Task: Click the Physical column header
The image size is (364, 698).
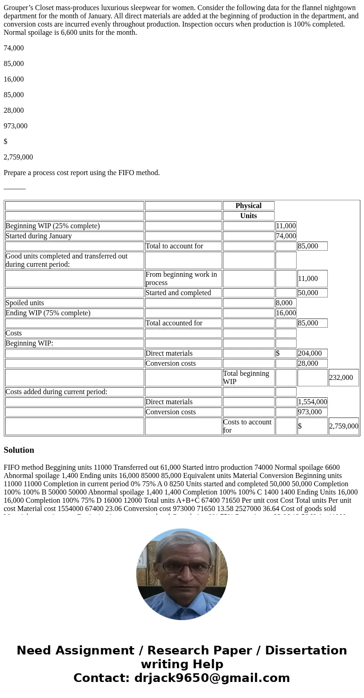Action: click(248, 206)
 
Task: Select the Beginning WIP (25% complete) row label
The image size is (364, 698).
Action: click(52, 226)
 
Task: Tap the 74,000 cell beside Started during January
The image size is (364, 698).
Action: click(286, 236)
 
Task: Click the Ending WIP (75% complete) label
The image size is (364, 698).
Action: click(48, 313)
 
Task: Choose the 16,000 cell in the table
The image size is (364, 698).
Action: click(286, 313)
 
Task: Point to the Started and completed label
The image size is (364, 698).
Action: click(178, 293)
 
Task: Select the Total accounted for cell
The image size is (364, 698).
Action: click(174, 323)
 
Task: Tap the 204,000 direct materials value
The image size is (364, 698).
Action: click(310, 353)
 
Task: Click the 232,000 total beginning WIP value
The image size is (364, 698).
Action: click(341, 378)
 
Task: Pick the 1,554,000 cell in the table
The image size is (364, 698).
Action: click(312, 402)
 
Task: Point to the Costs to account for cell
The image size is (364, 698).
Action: click(248, 426)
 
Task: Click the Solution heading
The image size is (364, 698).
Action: click(19, 450)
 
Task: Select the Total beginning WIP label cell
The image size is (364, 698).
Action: click(246, 377)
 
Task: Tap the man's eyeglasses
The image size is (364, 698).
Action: click(181, 567)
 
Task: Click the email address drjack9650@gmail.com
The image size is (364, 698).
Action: click(211, 678)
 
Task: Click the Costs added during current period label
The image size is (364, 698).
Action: click(56, 392)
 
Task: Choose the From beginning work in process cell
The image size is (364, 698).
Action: click(181, 278)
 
